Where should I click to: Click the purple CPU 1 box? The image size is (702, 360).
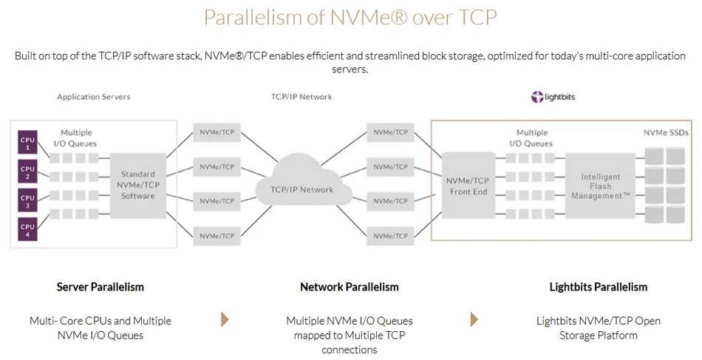pos(27,142)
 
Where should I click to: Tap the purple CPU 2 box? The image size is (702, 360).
pos(27,172)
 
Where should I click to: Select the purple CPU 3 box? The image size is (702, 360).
pos(27,201)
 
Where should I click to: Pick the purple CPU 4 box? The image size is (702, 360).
pos(27,231)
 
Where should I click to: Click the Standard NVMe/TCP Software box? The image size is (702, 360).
pos(137,185)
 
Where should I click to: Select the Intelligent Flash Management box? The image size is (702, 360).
pos(601,186)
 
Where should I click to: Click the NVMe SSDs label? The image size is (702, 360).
pos(665,132)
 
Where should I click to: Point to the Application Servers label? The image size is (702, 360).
pos(93,97)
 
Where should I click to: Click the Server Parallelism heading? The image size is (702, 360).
pos(100,287)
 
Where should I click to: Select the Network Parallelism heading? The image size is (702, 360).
pos(349,287)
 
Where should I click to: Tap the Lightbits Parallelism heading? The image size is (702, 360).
pos(598,287)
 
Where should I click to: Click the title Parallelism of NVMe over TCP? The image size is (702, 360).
pos(350,18)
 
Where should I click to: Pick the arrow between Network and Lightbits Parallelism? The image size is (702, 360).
pos(474,319)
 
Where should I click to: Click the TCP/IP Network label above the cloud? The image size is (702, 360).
pos(301,97)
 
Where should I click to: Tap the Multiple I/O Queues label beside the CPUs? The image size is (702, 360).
pos(77,138)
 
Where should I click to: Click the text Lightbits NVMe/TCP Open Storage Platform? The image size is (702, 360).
pos(598,327)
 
